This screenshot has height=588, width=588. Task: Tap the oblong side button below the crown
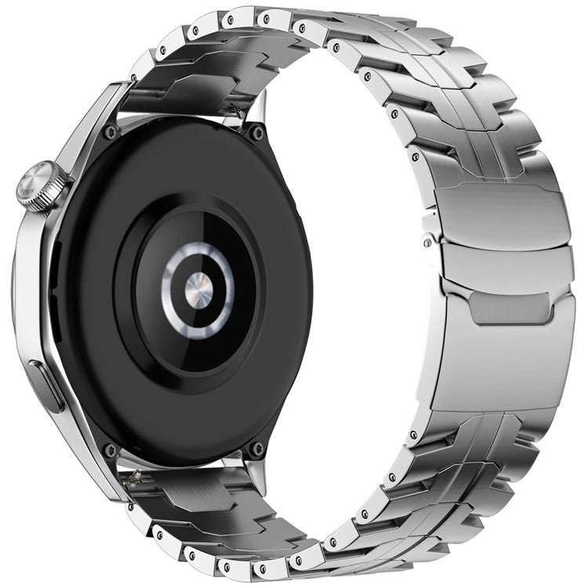48,387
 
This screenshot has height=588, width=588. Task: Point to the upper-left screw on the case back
111,132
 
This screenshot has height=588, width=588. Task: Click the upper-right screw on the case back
256,134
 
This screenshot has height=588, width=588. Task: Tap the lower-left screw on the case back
111,450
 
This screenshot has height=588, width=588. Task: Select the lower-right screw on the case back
256,448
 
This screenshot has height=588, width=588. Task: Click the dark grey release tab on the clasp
510,308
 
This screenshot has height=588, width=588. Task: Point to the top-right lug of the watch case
253,110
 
